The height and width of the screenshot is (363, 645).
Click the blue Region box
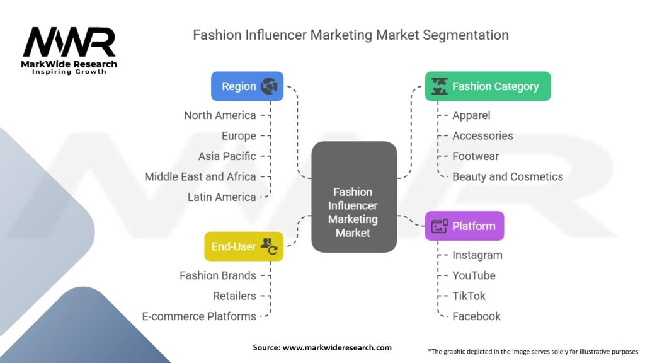[247, 86]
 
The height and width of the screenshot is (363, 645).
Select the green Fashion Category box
[488, 86]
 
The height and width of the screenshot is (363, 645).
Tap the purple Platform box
[464, 226]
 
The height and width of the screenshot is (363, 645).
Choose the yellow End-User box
[244, 246]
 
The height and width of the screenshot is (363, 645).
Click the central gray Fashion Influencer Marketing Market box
[353, 198]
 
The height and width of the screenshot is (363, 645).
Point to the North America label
[220, 115]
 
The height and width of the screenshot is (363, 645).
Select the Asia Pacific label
[227, 156]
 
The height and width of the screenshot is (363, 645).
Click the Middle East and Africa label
[200, 176]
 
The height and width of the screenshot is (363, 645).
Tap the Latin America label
[222, 197]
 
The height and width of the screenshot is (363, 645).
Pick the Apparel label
[471, 115]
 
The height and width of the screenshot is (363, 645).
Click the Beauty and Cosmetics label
[507, 176]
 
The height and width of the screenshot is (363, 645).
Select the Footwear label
[475, 156]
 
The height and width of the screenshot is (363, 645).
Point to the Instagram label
[477, 255]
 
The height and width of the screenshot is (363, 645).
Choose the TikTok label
[469, 296]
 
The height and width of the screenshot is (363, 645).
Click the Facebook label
[476, 316]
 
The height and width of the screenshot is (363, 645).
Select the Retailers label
[234, 296]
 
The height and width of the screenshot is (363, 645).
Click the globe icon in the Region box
[269, 86]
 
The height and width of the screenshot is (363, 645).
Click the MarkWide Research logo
[69, 50]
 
